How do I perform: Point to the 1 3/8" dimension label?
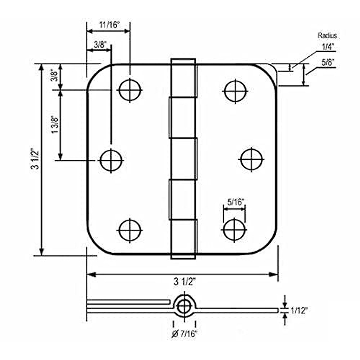tap(55, 125)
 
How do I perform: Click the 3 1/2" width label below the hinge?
tap(184, 282)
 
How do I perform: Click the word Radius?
tap(327, 36)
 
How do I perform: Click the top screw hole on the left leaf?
tap(130, 90)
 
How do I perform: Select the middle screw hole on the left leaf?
tap(111, 160)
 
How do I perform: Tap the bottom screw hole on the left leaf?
tap(130, 230)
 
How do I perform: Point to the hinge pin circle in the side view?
tap(184, 307)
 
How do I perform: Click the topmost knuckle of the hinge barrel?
tap(183, 78)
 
